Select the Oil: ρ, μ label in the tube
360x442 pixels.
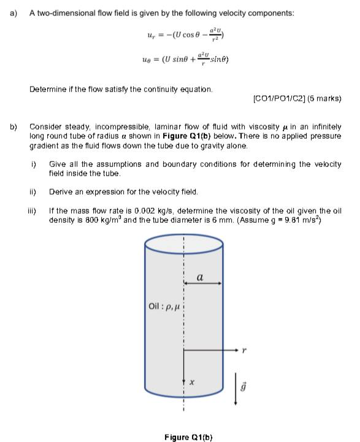tap(163, 304)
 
